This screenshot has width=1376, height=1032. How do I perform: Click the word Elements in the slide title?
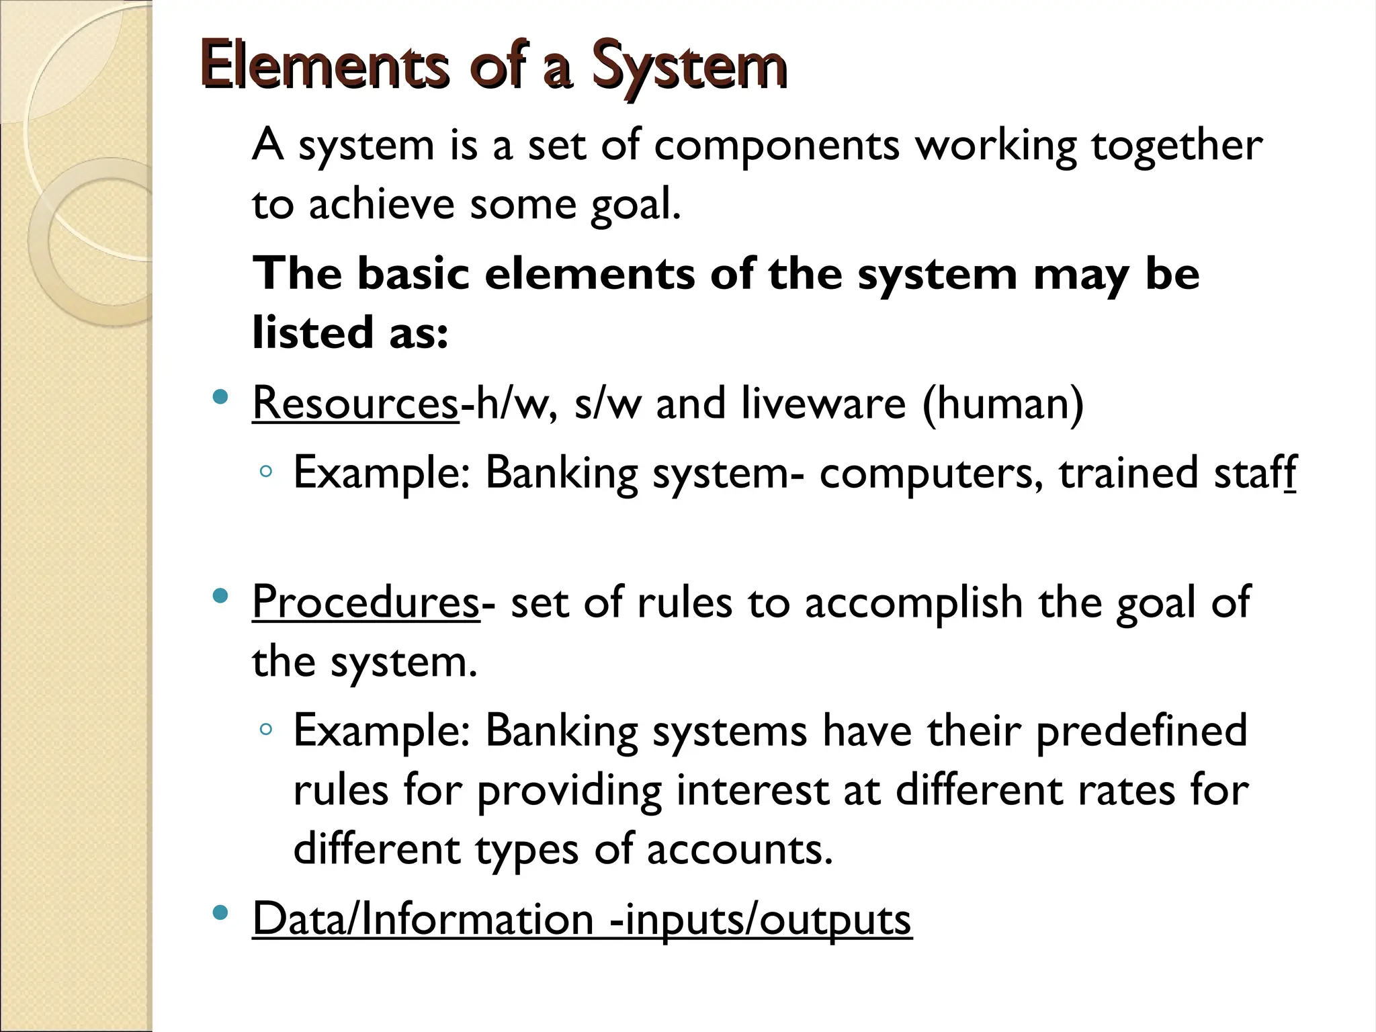[324, 65]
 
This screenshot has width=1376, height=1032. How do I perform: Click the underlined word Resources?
[355, 403]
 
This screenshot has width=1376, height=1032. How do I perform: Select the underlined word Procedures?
[365, 602]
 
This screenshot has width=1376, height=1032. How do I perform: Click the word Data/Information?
[423, 918]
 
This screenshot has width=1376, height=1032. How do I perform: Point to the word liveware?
[824, 403]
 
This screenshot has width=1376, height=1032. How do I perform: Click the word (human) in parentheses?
[1002, 403]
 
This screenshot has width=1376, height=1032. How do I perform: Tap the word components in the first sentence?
[777, 146]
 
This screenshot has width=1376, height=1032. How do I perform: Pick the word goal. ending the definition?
[636, 205]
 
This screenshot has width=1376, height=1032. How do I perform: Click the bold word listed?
[312, 332]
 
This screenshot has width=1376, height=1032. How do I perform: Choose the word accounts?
[739, 849]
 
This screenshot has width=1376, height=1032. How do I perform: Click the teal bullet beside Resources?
[219, 396]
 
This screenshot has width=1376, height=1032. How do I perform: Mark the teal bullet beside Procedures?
[219, 595]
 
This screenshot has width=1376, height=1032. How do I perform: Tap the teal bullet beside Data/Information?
[219, 912]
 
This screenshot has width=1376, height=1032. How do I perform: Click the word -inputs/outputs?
[760, 918]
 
